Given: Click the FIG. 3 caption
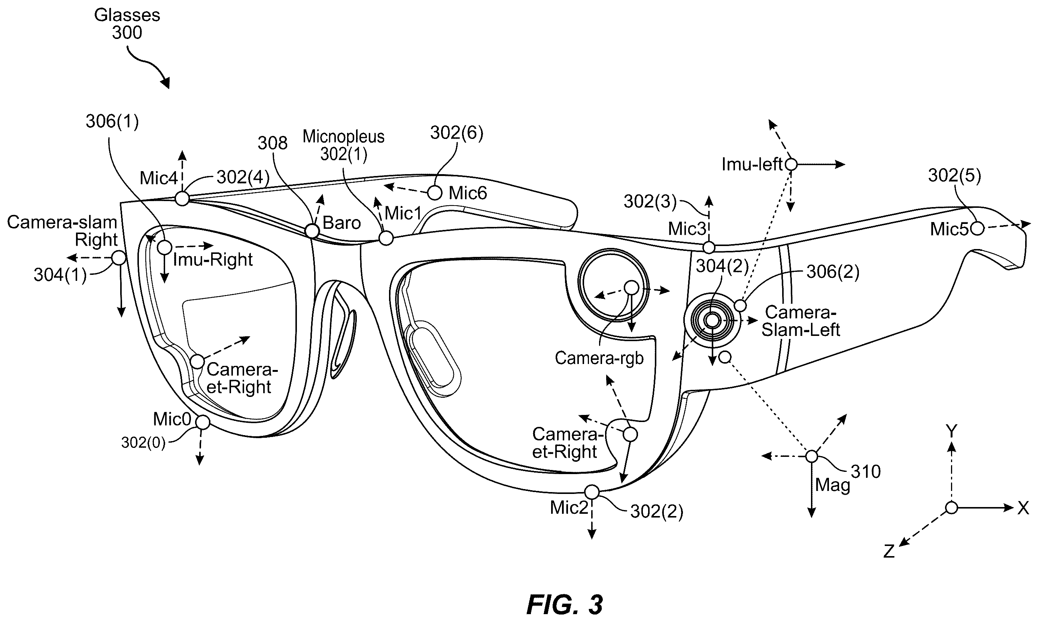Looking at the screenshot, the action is coord(564,605).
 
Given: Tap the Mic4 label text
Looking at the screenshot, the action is coord(159,178).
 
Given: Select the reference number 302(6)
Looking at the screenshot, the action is coord(457,133).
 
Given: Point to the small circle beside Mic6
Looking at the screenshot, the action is coord(435,193).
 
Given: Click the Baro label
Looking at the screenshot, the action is coord(341,223).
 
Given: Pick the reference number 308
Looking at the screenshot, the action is coord(272,143).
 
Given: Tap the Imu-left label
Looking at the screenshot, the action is coord(752,164).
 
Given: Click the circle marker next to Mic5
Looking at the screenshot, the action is coord(977,228).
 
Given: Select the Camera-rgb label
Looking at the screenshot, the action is coord(599,358).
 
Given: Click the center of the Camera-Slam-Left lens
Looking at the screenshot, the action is coord(712,321).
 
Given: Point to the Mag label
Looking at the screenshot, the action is coord(832,485).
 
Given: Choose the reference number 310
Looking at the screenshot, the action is coord(866,472).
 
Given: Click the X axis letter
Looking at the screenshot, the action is coord(1023,509).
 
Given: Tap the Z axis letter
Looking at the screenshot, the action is coord(889,551).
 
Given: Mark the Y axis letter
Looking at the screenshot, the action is coord(952,431).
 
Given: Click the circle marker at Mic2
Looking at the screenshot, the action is coord(592,492).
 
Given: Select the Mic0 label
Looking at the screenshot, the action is coord(172,419).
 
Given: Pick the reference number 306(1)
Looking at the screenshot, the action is coord(112,122).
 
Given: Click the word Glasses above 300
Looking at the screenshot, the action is coord(127,15).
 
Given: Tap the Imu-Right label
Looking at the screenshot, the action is coord(213,260).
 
